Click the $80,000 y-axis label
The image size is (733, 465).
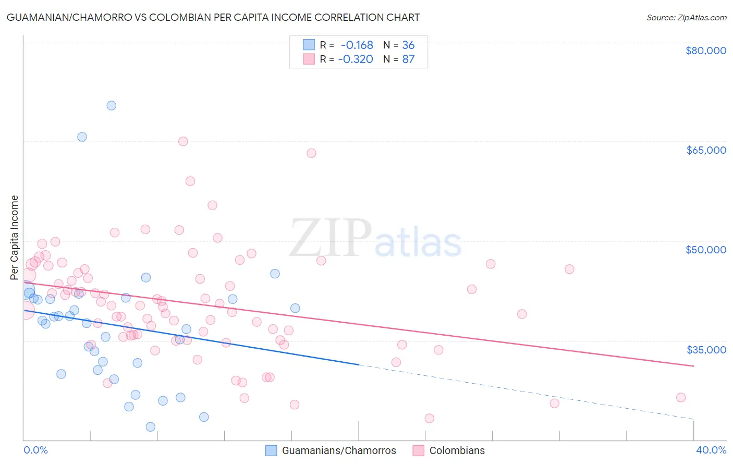[x=706, y=51]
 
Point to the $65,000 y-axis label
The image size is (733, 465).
[x=706, y=150]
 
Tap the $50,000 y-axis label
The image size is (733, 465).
[x=706, y=250]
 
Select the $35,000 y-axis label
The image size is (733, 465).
[x=706, y=349]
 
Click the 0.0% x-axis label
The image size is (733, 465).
[x=36, y=450]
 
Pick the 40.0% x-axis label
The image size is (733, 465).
[x=711, y=450]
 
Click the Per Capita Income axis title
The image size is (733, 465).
[x=15, y=237]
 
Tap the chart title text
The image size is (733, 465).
[x=213, y=17]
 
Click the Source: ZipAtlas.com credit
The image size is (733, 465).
[x=686, y=18]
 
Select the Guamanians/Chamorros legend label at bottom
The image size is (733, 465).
[x=339, y=450]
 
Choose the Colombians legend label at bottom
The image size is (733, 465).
[x=457, y=450]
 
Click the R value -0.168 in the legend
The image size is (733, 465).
[x=357, y=45]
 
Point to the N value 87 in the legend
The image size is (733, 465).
[x=408, y=59]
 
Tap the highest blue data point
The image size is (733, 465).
[x=111, y=105]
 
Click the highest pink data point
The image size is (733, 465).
[x=183, y=141]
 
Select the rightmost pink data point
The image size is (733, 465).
[x=680, y=397]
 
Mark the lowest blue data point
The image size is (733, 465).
[x=151, y=427]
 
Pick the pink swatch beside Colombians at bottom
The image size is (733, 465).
[x=418, y=450]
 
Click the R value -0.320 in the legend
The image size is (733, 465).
[x=356, y=59]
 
